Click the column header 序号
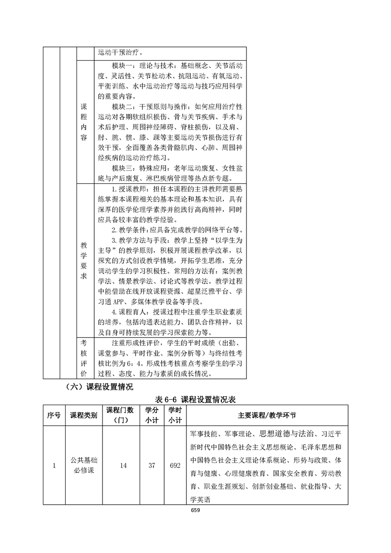coord(53,415)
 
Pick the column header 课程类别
coord(84,415)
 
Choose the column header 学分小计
coord(151,415)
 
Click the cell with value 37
coord(151,465)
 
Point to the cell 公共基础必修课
coord(84,465)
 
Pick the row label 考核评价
coord(83,357)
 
